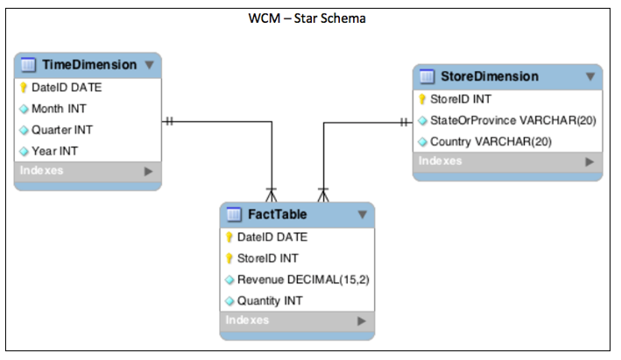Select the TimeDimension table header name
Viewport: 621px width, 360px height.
tap(89, 65)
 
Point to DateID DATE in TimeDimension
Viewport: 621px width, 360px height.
tap(67, 88)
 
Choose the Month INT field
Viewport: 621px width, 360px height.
tap(59, 109)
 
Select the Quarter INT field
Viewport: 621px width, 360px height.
tap(62, 130)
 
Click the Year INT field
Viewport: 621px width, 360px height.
tap(54, 151)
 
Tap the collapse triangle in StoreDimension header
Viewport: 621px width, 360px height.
tap(589, 76)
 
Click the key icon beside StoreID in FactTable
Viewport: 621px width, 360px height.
tap(229, 258)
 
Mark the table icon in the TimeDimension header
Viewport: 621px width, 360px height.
tap(27, 65)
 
